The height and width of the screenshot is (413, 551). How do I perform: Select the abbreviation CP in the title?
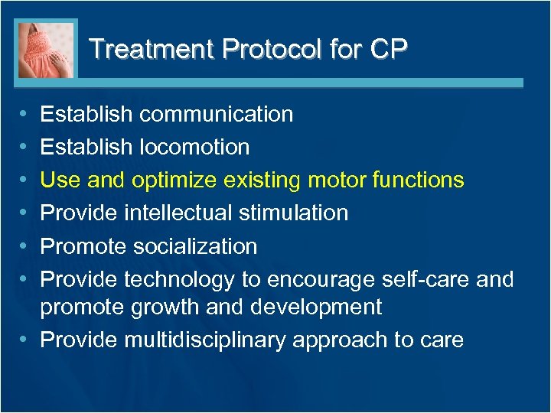coord(387,49)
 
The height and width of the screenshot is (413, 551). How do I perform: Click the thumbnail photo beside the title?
coord(46,50)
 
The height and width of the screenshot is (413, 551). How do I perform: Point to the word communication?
coord(217,115)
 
